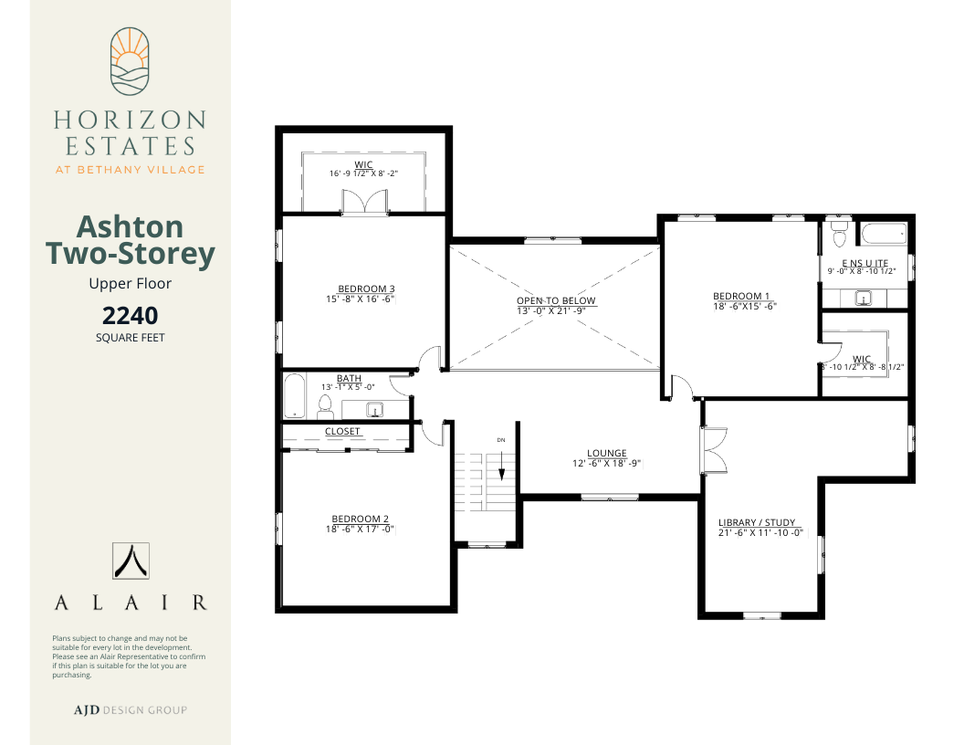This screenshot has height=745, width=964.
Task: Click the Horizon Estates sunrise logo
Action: tap(130, 61)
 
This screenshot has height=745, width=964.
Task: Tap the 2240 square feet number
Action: tap(131, 315)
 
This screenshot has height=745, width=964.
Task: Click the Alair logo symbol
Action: tap(131, 561)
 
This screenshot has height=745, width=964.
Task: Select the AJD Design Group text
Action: tap(131, 710)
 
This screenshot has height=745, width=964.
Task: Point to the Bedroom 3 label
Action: tap(366, 289)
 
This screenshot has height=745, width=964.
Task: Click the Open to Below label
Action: tap(556, 300)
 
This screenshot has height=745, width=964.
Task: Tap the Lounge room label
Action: tap(607, 453)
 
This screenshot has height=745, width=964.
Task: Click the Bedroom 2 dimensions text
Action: tap(360, 530)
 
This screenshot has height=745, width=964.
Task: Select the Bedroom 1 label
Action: tap(741, 296)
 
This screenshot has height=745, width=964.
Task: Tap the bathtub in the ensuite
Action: tap(884, 234)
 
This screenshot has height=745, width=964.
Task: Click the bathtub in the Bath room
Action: tap(295, 395)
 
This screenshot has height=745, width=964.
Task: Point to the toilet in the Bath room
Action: tap(325, 406)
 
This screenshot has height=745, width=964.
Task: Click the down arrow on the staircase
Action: tap(502, 466)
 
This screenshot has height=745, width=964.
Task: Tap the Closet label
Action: tap(342, 432)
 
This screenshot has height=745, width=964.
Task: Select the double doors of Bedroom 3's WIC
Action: tap(365, 202)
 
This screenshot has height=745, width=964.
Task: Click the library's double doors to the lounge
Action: tap(714, 449)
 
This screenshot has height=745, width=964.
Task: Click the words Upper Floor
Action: tap(131, 283)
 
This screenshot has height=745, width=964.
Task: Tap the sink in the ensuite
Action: tap(864, 299)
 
